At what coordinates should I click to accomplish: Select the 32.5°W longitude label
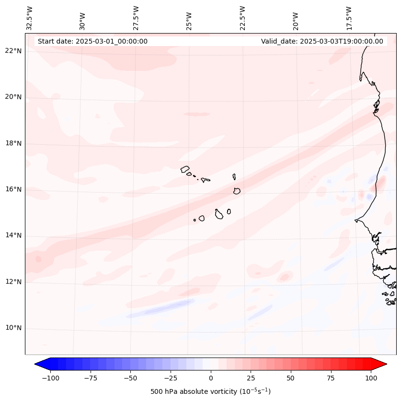30,18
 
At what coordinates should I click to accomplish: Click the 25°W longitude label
189,18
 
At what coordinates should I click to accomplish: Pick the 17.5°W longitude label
349,18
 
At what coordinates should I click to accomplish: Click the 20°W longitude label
296,18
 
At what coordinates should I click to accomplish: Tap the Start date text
92,41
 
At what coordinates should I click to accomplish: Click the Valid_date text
322,41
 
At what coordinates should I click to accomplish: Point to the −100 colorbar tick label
50,378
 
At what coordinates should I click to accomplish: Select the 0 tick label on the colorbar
211,378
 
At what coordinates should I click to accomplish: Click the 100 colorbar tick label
371,378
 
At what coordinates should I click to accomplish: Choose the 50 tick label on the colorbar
291,378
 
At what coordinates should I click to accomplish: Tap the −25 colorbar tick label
171,378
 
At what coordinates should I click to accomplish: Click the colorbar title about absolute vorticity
210,391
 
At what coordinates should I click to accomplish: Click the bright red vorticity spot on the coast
383,182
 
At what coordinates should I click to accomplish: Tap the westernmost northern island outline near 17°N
185,169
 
